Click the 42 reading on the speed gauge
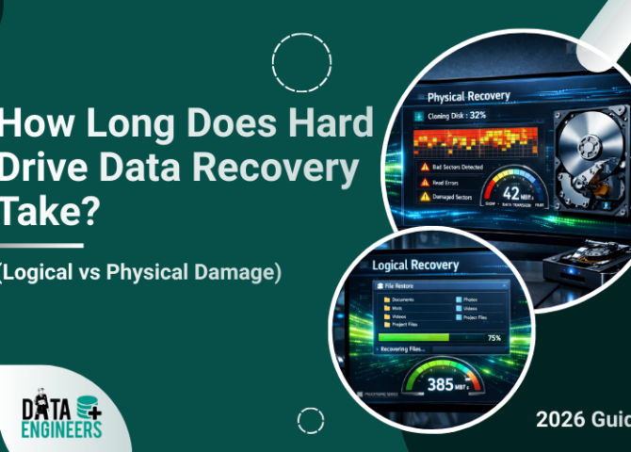click(x=500, y=186)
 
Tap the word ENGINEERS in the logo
click(x=62, y=430)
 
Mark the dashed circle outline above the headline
click(x=301, y=62)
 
